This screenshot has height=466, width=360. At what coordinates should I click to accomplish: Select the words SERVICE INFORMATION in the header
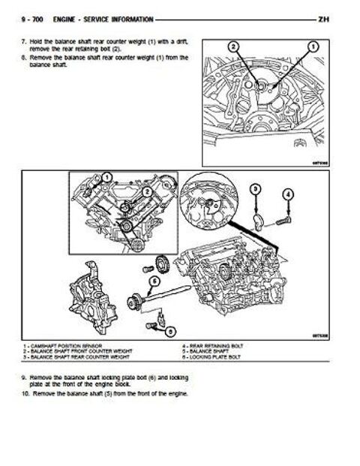[x=121, y=18]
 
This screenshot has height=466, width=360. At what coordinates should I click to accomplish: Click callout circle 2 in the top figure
[x=234, y=47]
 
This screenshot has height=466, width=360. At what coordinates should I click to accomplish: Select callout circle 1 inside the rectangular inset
[x=106, y=177]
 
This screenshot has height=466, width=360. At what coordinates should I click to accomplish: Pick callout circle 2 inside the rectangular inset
[x=148, y=191]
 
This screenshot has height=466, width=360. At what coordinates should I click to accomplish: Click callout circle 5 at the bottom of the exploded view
[x=171, y=330]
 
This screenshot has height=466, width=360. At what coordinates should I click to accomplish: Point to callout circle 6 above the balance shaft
[x=155, y=280]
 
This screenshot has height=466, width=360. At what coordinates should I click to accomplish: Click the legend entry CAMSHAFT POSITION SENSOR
[x=64, y=344]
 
